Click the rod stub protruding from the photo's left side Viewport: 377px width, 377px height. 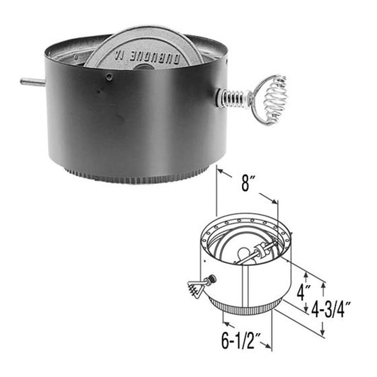33,82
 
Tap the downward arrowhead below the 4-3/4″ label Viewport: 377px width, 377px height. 323,332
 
